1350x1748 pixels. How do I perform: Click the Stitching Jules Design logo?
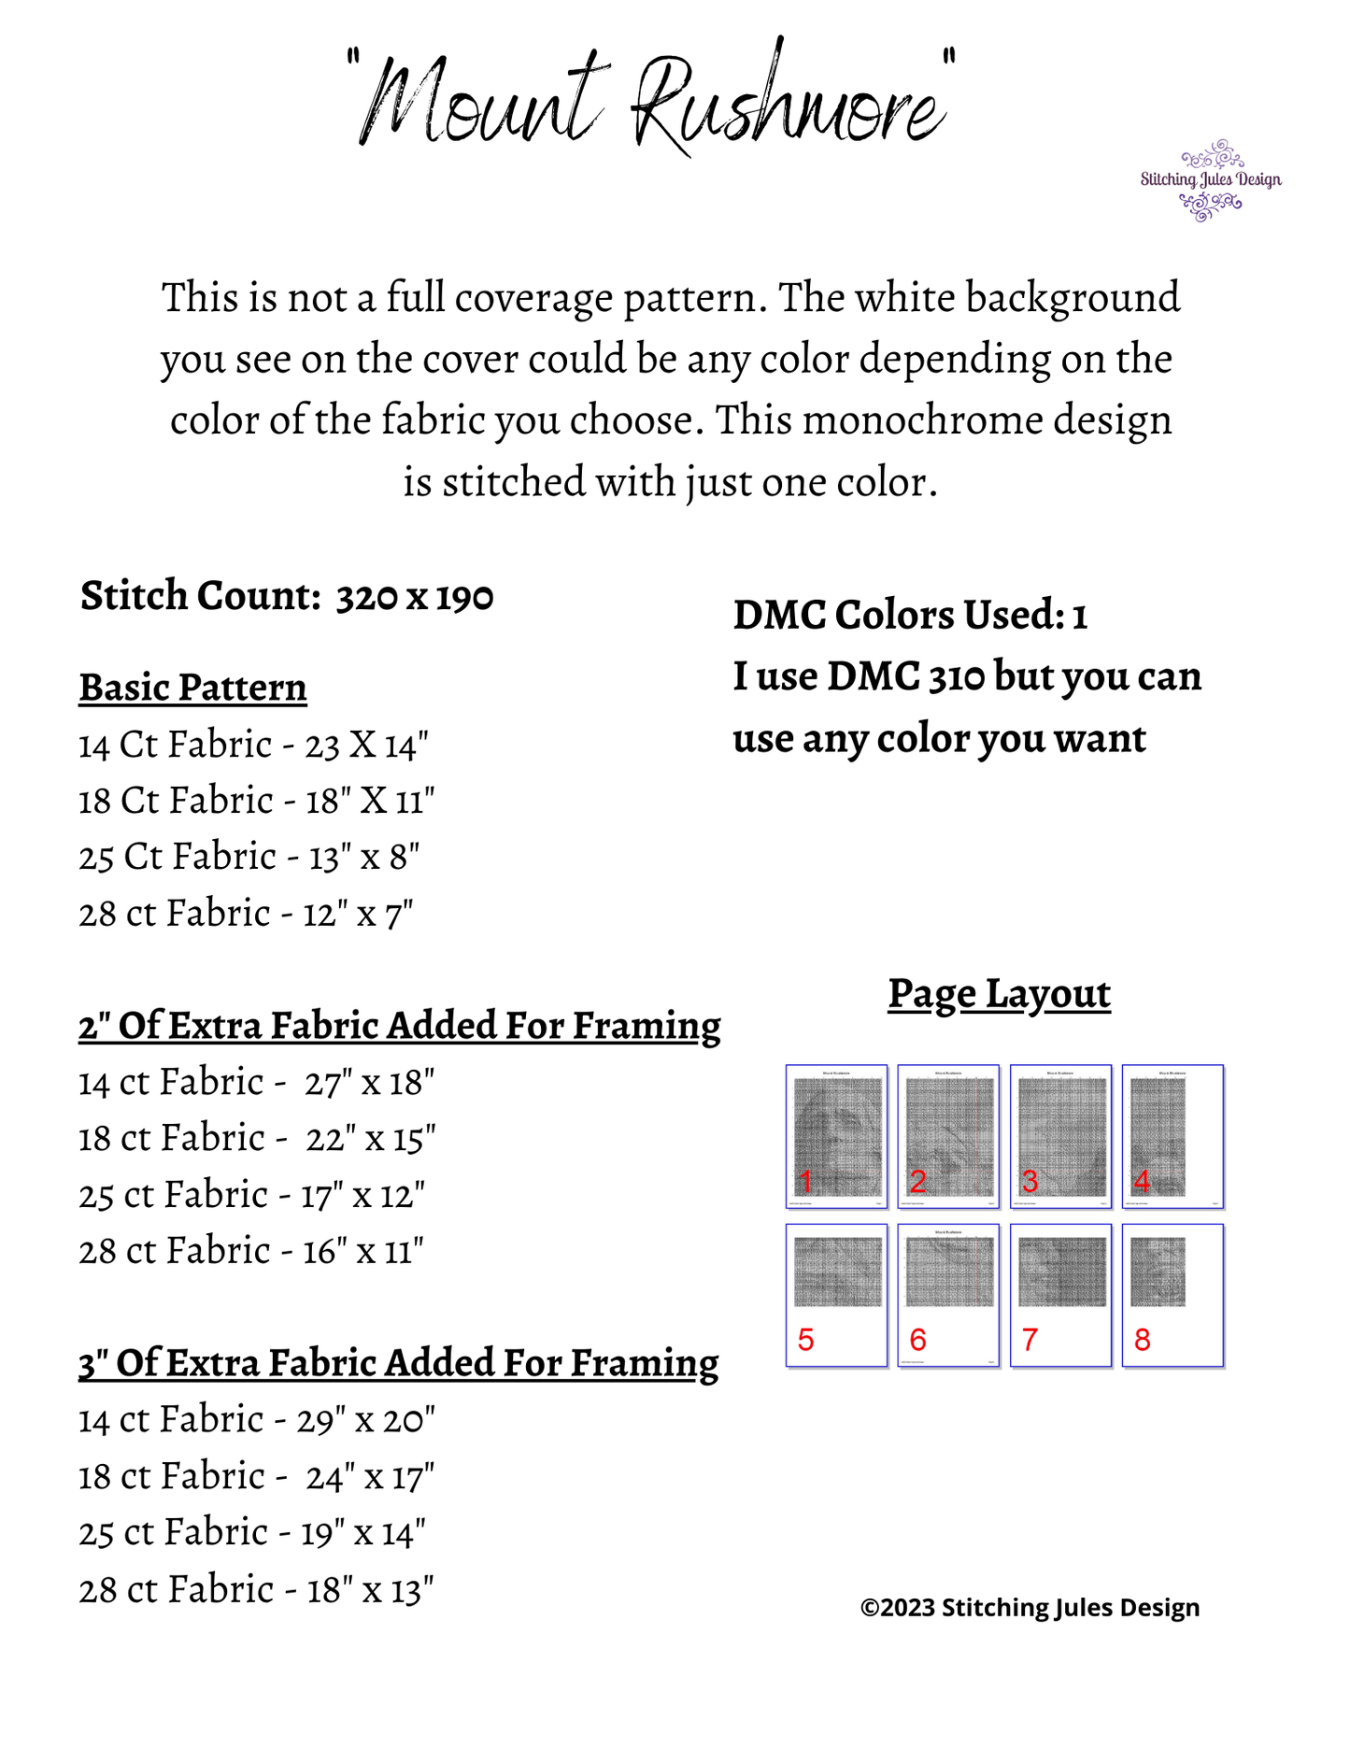click(x=1210, y=180)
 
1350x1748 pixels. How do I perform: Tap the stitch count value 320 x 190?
click(x=414, y=597)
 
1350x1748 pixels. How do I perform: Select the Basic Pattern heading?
click(x=192, y=688)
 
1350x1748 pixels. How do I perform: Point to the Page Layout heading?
click(x=999, y=993)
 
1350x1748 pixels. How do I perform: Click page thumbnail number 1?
click(x=836, y=1136)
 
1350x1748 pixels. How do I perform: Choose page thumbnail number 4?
click(x=1172, y=1136)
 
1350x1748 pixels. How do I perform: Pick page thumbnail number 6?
click(x=948, y=1295)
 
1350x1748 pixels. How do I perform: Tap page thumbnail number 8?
click(x=1172, y=1295)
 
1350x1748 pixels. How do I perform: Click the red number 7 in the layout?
click(x=1030, y=1341)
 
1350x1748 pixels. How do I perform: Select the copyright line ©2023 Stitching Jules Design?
click(x=1030, y=1608)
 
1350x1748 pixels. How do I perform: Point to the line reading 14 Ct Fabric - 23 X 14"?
click(x=253, y=746)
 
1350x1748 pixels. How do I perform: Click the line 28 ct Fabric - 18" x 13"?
click(x=256, y=1590)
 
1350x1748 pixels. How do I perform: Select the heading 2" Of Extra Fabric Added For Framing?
click(x=399, y=1026)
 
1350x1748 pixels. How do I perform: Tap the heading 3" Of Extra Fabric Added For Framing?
click(x=398, y=1363)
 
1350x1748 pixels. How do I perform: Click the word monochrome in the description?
click(x=921, y=420)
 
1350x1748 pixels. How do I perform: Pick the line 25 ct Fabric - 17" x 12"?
click(x=251, y=1195)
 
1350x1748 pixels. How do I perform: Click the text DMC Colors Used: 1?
click(x=910, y=616)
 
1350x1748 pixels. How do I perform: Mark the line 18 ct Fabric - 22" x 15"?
click(x=257, y=1139)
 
